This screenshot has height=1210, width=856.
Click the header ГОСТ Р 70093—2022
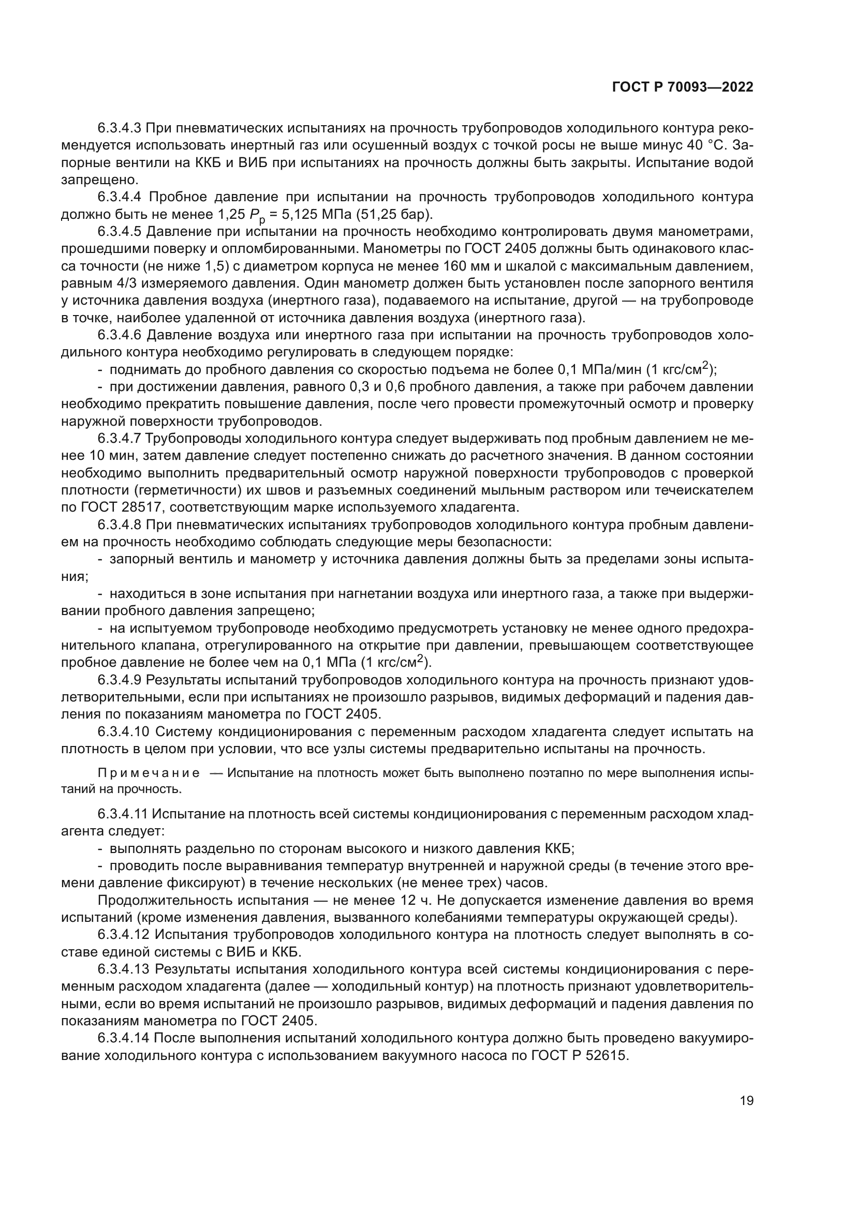[683, 87]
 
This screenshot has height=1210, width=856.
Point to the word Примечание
[149, 773]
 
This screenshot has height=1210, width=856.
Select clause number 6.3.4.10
[124, 731]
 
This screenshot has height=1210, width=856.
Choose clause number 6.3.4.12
[124, 935]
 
